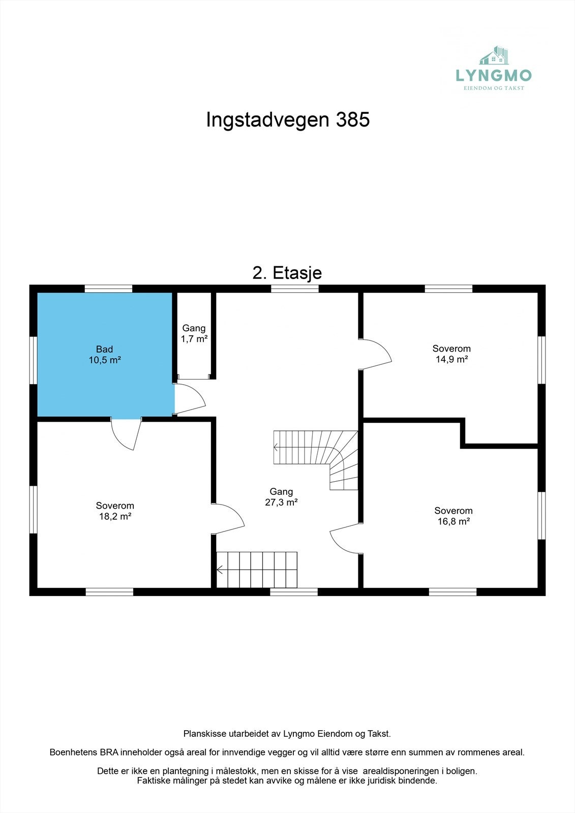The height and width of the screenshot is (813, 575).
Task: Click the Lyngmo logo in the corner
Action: click(494, 69)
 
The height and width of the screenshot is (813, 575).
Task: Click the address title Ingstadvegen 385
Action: click(288, 120)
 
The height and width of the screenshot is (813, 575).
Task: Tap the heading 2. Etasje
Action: click(287, 273)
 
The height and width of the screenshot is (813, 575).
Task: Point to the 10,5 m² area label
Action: click(105, 360)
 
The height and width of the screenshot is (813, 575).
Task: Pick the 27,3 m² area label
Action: click(281, 503)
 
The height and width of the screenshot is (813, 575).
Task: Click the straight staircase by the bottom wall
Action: click(257, 570)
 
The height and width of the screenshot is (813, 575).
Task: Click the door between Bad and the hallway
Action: click(190, 399)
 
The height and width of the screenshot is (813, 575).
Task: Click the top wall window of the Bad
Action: click(108, 289)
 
